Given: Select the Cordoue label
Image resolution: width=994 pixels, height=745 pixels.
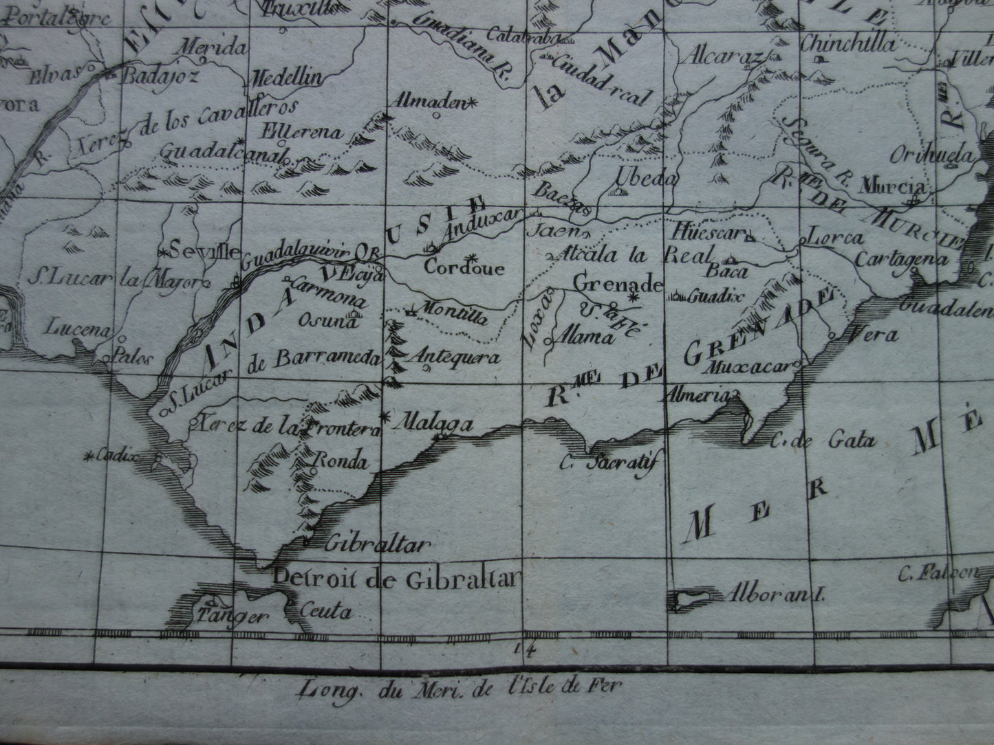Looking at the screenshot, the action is (x=464, y=268).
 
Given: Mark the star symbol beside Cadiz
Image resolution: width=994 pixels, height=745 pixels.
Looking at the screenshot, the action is (x=89, y=455).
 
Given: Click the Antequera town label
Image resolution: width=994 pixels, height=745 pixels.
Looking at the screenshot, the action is (x=454, y=357).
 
